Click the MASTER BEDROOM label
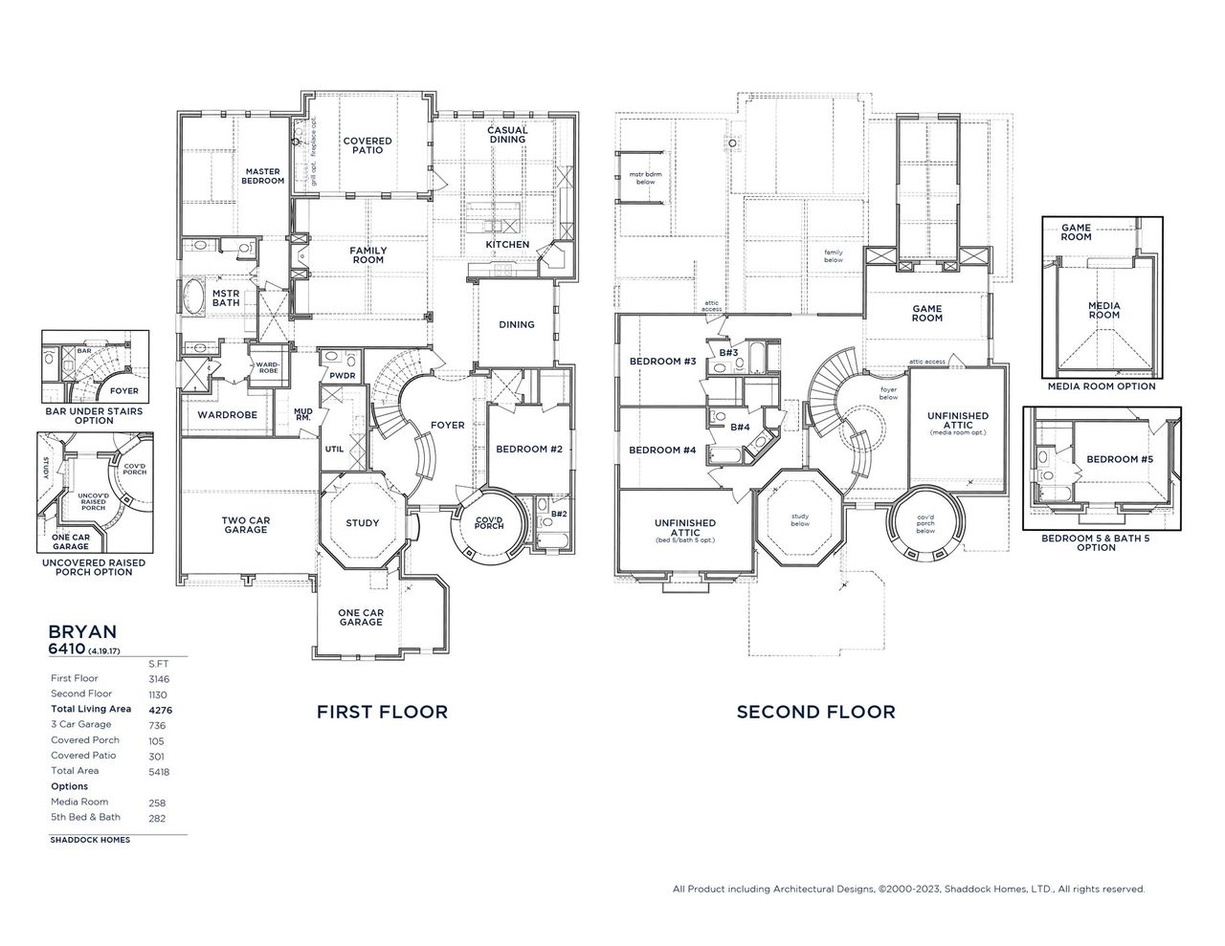(261, 176)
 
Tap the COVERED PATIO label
(367, 145)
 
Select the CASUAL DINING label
(507, 135)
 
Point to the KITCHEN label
(507, 245)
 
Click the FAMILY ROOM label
(367, 255)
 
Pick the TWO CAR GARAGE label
(246, 525)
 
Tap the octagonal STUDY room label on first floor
(362, 523)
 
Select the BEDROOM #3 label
(662, 362)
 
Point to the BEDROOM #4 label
(662, 451)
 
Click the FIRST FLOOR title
(382, 712)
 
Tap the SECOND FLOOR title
(815, 712)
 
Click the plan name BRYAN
(82, 631)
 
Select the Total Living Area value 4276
(159, 710)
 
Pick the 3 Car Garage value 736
(158, 725)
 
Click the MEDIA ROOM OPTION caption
(1102, 386)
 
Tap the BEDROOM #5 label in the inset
(1120, 459)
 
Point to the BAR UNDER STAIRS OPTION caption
(94, 416)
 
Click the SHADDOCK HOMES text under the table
(90, 840)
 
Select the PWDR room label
(343, 376)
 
